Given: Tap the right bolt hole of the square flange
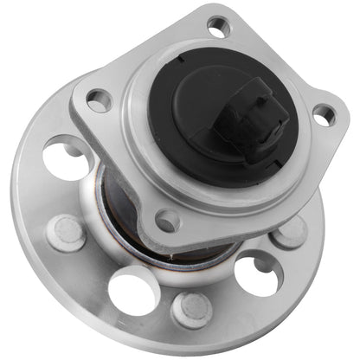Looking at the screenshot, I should (324, 113).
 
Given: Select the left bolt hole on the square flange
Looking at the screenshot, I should (99, 101).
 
